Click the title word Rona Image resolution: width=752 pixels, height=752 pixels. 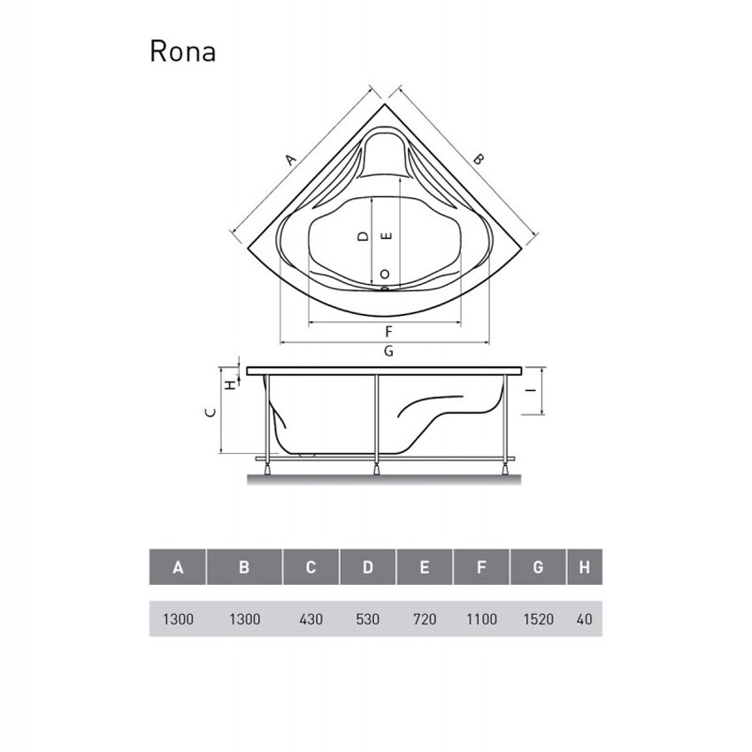(x=182, y=51)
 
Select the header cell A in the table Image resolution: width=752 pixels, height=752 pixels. (x=178, y=568)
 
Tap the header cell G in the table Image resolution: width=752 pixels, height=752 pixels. (x=538, y=568)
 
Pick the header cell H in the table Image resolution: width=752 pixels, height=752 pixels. (x=584, y=568)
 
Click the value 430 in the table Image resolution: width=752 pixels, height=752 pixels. (x=311, y=619)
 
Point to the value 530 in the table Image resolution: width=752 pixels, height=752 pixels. (x=367, y=619)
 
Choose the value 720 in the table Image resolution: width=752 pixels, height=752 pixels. (x=425, y=619)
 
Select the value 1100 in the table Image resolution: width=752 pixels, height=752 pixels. (x=481, y=619)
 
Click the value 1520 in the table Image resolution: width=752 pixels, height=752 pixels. (x=538, y=619)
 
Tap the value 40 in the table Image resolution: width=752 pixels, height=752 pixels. (x=584, y=619)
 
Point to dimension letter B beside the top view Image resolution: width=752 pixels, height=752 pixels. (x=478, y=159)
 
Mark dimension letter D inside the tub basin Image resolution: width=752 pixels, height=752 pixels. (x=363, y=237)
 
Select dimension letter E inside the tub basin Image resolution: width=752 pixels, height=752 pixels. (x=385, y=237)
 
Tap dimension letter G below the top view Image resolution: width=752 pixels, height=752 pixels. (x=388, y=351)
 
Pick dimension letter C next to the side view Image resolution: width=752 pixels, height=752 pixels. (x=210, y=412)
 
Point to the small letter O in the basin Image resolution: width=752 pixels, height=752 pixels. (x=385, y=273)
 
